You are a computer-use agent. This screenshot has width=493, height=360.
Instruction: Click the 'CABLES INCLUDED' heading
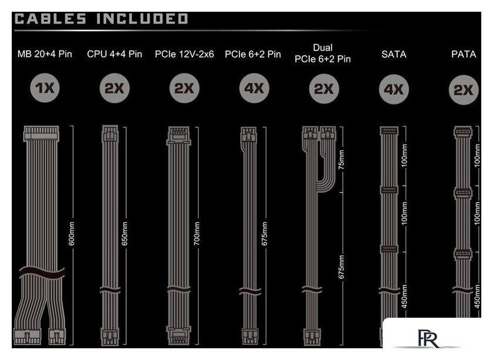(x=101, y=19)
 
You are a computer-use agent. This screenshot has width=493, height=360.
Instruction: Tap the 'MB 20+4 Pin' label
(x=45, y=54)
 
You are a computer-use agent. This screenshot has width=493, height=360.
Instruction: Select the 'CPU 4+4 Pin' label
(x=114, y=54)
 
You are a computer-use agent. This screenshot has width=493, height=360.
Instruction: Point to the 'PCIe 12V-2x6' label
(x=184, y=54)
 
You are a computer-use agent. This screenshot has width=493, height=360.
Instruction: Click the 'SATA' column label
(x=394, y=54)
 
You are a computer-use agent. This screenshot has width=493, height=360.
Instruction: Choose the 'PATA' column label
(x=464, y=54)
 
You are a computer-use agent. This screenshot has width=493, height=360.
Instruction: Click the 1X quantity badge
(x=45, y=88)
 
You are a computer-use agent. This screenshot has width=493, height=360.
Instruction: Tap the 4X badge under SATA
(x=394, y=89)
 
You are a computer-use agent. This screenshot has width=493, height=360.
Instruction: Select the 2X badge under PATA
(x=464, y=90)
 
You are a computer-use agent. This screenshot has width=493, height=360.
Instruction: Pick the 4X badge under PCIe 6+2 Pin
(x=254, y=88)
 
